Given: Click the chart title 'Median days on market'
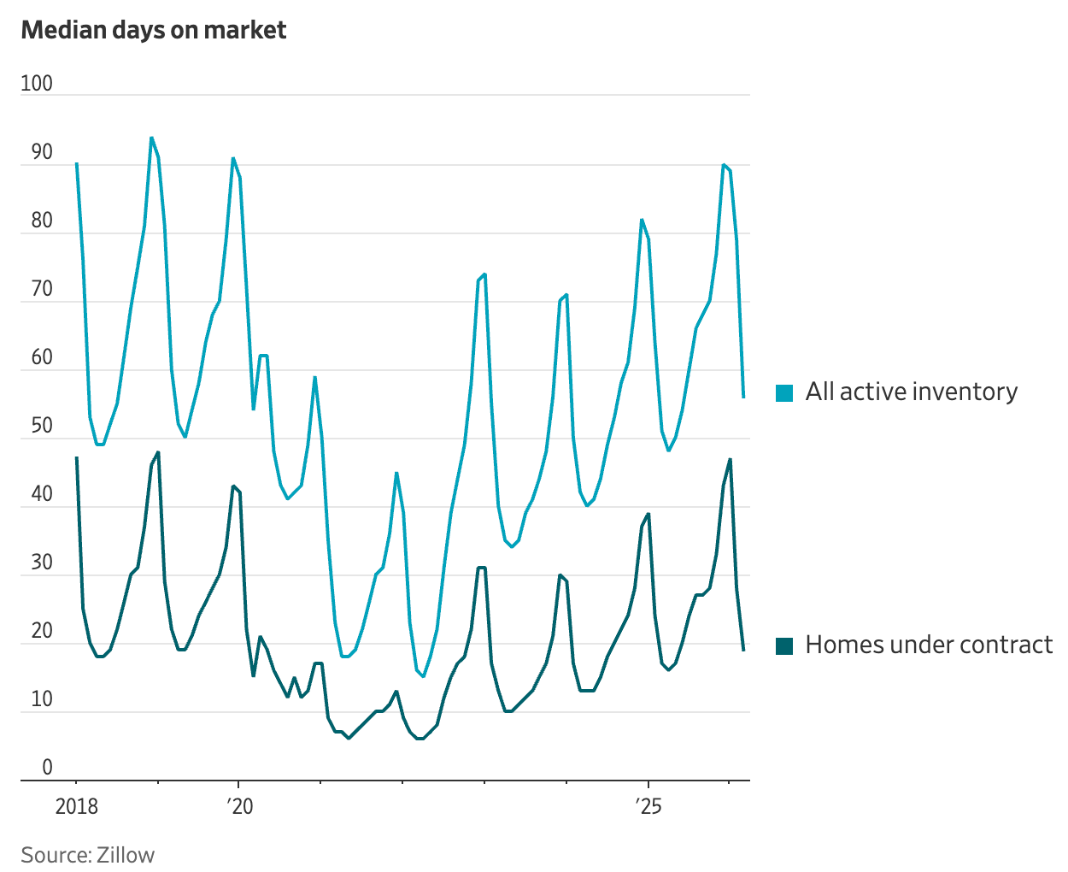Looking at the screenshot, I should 154,30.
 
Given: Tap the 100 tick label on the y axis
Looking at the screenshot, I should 37,84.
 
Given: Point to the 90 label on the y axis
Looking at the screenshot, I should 42,152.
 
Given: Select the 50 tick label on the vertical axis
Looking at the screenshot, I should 42,426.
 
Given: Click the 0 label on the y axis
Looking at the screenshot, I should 48,768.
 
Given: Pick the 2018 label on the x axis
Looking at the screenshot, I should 77,806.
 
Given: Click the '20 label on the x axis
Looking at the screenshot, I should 240,806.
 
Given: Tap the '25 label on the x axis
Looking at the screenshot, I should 648,806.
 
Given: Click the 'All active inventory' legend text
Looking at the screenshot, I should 911,392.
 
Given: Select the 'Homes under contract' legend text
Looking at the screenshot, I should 929,645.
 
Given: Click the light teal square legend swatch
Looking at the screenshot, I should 784,393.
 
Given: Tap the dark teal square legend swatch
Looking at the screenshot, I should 784,646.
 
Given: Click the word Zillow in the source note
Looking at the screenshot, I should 126,855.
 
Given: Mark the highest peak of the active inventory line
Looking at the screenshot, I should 151,138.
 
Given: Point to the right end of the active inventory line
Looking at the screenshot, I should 743,398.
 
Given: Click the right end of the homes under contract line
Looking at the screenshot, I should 743,651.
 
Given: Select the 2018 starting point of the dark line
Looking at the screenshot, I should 77,458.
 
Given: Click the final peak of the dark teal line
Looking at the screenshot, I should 731,459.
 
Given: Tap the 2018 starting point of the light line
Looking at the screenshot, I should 77,163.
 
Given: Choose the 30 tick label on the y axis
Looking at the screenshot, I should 42,563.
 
